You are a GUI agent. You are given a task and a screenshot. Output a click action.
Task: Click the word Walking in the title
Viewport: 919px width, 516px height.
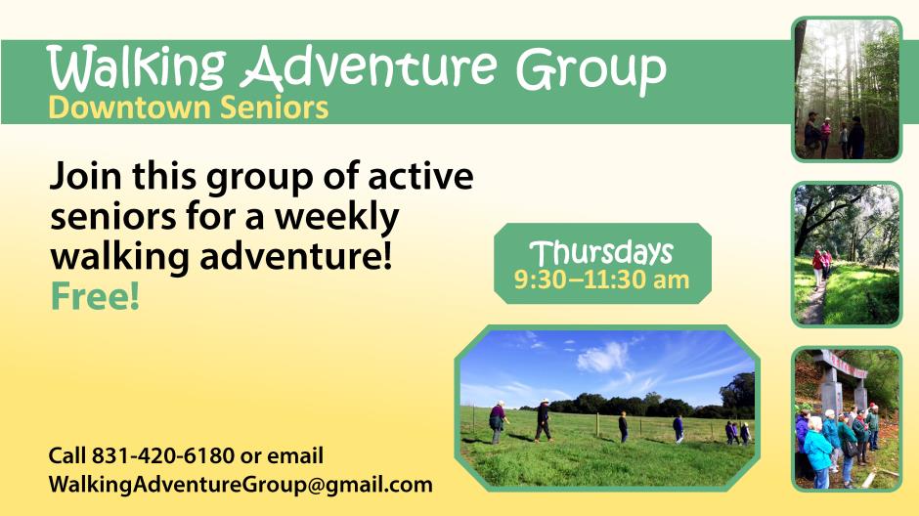pyautogui.click(x=136, y=68)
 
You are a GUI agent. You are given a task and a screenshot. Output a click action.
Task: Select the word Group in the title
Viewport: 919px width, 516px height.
pyautogui.click(x=591, y=70)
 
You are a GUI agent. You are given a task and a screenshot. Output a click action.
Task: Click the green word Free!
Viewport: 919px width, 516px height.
pyautogui.click(x=96, y=296)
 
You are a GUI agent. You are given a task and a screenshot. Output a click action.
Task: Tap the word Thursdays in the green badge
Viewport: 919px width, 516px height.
pyautogui.click(x=601, y=254)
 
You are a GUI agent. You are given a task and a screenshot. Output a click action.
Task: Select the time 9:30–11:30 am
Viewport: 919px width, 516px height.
pyautogui.click(x=601, y=279)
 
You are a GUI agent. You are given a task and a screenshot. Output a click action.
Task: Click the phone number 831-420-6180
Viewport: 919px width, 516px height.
pyautogui.click(x=163, y=455)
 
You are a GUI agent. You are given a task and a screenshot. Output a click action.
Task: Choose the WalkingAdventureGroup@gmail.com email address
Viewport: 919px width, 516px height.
pyautogui.click(x=241, y=485)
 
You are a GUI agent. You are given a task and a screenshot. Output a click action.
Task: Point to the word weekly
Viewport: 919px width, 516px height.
pyautogui.click(x=337, y=218)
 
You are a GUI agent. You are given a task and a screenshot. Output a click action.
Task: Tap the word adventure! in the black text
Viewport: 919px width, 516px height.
pyautogui.click(x=296, y=257)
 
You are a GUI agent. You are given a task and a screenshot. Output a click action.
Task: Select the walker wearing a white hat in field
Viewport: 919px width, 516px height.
pyautogui.click(x=544, y=420)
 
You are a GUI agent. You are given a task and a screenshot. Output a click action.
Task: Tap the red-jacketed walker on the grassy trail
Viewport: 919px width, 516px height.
pyautogui.click(x=817, y=267)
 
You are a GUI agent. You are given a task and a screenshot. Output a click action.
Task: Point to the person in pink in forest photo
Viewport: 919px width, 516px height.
pyautogui.click(x=825, y=137)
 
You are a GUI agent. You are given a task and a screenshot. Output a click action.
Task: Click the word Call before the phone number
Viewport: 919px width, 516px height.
pyautogui.click(x=67, y=455)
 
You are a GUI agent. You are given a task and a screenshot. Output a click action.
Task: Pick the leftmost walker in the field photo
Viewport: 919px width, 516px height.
pyautogui.click(x=497, y=423)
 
